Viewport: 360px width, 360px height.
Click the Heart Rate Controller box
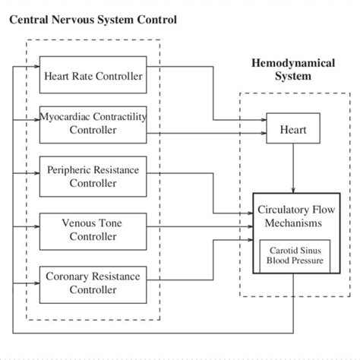click(x=93, y=75)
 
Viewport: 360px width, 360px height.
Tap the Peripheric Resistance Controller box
click(x=93, y=176)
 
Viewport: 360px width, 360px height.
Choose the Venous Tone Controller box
click(x=93, y=229)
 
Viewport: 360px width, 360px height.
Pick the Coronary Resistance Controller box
click(x=93, y=283)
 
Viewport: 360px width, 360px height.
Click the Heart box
click(x=292, y=129)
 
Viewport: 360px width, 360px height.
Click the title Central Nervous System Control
click(x=93, y=19)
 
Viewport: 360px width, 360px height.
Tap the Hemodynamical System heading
click(x=292, y=71)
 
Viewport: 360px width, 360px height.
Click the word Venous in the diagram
click(x=77, y=223)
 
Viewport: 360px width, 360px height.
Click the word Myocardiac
click(x=66, y=117)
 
